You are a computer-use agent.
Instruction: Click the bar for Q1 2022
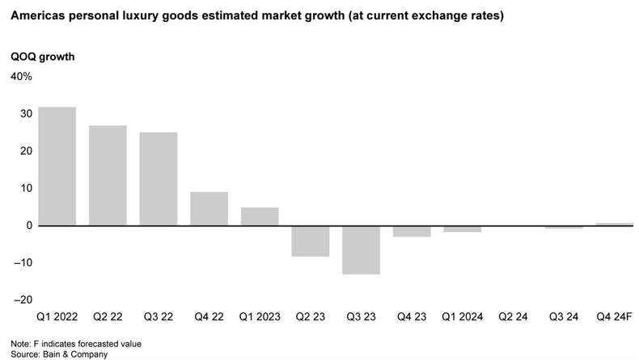pyautogui.click(x=57, y=166)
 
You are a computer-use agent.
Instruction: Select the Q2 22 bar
pyautogui.click(x=108, y=176)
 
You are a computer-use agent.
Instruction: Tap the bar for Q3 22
pyautogui.click(x=159, y=179)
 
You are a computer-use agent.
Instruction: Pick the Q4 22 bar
pyautogui.click(x=209, y=209)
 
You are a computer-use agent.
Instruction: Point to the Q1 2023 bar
pyautogui.click(x=260, y=217)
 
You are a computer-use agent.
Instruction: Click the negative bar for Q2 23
pyautogui.click(x=311, y=241)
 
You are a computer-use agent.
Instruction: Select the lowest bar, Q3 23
pyautogui.click(x=361, y=250)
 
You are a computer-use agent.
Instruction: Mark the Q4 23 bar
pyautogui.click(x=412, y=231)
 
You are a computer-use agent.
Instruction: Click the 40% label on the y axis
pyautogui.click(x=21, y=77)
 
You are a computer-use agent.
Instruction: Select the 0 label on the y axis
pyautogui.click(x=28, y=226)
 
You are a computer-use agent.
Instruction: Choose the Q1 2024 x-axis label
pyautogui.click(x=462, y=318)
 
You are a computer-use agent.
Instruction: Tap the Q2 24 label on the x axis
pyautogui.click(x=513, y=318)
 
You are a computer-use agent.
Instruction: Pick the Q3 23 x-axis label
pyautogui.click(x=361, y=318)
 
